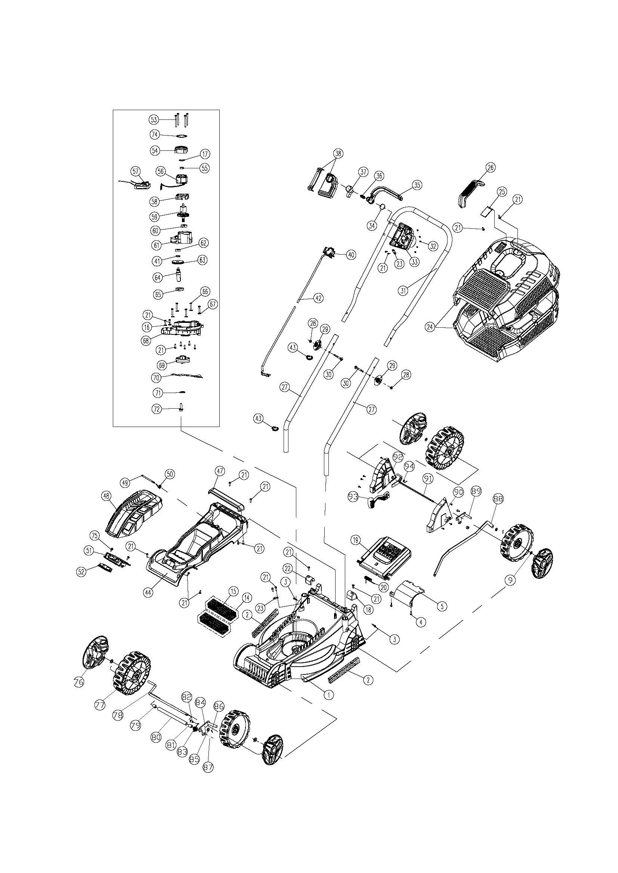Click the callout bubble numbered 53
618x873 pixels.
(153, 119)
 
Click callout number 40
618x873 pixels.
(350, 255)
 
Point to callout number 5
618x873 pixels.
(441, 606)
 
